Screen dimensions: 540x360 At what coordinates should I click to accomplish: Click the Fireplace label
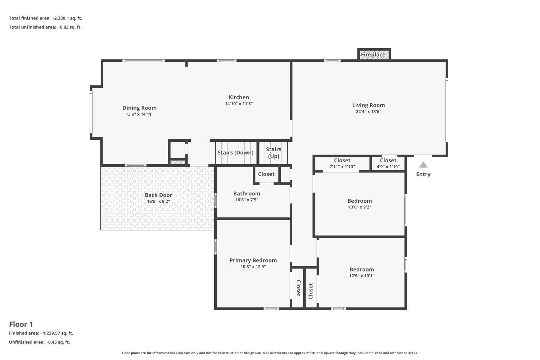click(x=373, y=55)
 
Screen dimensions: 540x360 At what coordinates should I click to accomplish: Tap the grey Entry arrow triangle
click(x=423, y=165)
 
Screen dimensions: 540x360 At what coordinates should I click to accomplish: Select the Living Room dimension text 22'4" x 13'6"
click(x=368, y=112)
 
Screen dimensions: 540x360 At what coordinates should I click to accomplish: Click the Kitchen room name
click(x=239, y=98)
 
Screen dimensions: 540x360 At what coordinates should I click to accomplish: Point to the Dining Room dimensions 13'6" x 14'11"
click(x=139, y=114)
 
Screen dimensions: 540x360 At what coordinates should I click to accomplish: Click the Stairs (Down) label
click(x=235, y=153)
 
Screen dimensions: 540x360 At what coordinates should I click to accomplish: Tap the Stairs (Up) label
click(x=274, y=153)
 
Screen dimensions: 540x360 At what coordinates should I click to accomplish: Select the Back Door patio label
click(x=158, y=195)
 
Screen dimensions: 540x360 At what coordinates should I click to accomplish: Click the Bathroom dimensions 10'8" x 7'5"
click(x=247, y=200)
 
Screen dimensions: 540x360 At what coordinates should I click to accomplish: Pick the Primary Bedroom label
click(x=253, y=260)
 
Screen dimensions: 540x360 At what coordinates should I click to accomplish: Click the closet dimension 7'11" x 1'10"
click(x=342, y=167)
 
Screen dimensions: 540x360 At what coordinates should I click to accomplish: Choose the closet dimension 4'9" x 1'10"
click(x=388, y=167)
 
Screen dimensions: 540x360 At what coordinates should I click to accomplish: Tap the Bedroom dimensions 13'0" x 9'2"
click(x=360, y=207)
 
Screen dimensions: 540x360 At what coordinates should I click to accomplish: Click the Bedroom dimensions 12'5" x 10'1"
click(x=361, y=276)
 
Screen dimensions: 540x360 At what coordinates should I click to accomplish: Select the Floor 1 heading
click(x=21, y=324)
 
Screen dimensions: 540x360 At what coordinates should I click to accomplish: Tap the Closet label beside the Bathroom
click(x=266, y=174)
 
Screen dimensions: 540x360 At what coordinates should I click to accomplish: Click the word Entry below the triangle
click(x=423, y=174)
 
